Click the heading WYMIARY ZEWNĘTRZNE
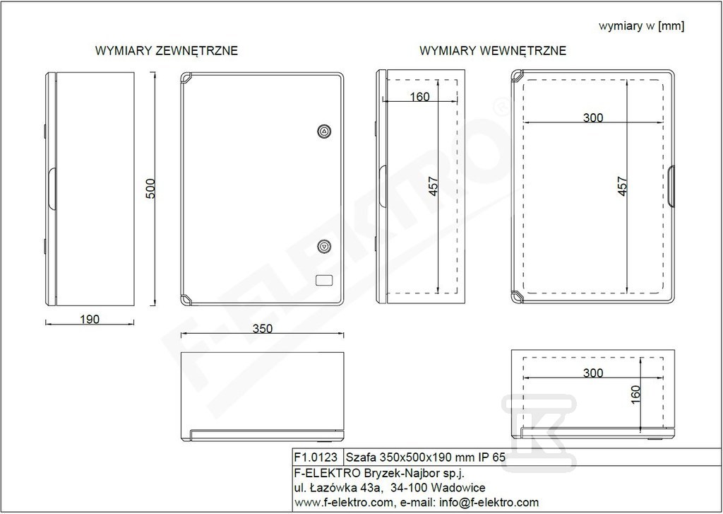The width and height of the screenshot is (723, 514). (x=167, y=50)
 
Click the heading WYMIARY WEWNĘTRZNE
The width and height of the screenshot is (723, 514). (x=492, y=50)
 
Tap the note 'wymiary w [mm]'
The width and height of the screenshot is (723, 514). (x=641, y=26)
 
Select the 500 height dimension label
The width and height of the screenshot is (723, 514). (x=150, y=189)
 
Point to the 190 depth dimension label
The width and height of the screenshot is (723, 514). (x=90, y=319)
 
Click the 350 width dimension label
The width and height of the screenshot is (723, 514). (x=263, y=328)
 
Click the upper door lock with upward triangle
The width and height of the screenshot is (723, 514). (x=325, y=132)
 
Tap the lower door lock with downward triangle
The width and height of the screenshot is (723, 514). (x=325, y=247)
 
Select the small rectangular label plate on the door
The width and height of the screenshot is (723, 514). (x=324, y=280)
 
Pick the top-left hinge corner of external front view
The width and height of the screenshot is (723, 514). (x=186, y=78)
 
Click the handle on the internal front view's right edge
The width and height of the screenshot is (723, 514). (x=671, y=186)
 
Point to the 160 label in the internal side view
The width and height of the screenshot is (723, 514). (x=419, y=97)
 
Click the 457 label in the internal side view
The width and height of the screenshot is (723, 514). (x=433, y=186)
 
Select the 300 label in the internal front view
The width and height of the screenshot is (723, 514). (x=593, y=118)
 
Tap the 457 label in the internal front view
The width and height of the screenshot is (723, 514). (x=623, y=186)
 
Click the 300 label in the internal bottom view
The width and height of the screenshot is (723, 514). (x=593, y=373)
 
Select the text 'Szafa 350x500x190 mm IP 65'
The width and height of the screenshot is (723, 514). (x=426, y=457)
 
